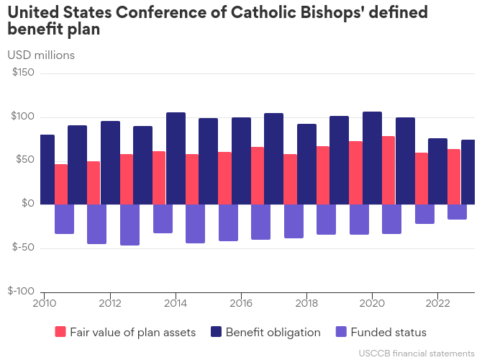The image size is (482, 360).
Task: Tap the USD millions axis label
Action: click(x=41, y=55)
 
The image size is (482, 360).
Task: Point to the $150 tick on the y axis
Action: click(x=23, y=73)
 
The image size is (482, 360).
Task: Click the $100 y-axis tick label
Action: click(x=23, y=117)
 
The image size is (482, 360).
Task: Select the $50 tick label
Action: click(x=25, y=160)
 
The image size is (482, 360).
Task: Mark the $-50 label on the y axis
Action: click(x=23, y=248)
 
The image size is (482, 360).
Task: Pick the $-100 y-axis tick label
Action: click(x=21, y=291)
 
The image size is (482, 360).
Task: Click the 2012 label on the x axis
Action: click(x=110, y=303)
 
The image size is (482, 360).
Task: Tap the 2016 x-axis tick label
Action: click(x=241, y=303)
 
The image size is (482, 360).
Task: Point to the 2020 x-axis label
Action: click(x=372, y=303)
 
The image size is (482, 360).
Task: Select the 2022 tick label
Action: click(x=438, y=303)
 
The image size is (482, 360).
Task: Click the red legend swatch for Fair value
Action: click(x=60, y=332)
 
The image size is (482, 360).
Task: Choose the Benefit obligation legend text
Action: click(x=273, y=332)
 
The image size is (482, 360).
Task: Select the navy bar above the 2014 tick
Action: click(x=176, y=158)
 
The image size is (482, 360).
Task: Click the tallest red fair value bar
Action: click(x=388, y=170)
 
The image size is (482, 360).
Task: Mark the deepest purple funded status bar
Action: click(x=129, y=225)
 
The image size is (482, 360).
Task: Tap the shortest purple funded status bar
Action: click(x=457, y=212)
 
